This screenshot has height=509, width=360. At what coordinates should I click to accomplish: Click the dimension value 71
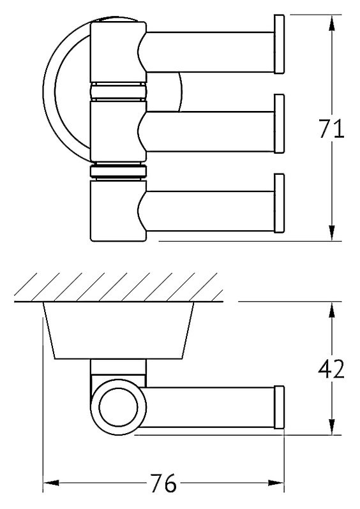coord(331,129)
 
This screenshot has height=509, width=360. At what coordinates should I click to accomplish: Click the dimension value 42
coord(331,369)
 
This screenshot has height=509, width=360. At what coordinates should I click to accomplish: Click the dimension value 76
coord(163,483)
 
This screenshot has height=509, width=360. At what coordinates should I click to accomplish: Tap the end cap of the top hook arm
coord(279,44)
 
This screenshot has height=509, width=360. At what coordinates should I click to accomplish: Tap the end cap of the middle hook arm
coord(279,124)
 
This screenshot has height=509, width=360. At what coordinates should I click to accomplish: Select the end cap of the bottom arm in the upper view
coord(279,203)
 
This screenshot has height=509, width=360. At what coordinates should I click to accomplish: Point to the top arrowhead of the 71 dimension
coord(331,23)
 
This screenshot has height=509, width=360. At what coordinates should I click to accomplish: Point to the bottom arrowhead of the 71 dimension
coord(331,233)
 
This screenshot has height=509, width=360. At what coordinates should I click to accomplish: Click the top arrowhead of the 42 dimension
coord(331,310)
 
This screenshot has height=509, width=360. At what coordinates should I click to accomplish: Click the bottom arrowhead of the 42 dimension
coord(331,427)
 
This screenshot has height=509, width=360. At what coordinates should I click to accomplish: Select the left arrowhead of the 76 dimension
coord(51,483)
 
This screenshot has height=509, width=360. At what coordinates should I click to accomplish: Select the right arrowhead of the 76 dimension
coord(276,483)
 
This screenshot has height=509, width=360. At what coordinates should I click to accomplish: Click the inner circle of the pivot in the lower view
coord(119,407)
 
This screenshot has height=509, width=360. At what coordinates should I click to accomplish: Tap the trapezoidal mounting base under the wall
coord(119,330)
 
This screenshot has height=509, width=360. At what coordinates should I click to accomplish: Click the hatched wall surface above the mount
coord(119,287)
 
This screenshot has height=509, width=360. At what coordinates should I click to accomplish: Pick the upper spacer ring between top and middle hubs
coord(119,91)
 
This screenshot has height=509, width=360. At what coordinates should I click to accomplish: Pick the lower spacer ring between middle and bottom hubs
coord(119,171)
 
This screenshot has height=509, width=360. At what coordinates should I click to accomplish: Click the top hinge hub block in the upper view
coord(119,51)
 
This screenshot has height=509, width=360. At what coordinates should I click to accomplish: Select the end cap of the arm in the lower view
coord(279,407)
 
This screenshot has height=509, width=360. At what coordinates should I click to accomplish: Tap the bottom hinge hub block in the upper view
coord(119,210)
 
